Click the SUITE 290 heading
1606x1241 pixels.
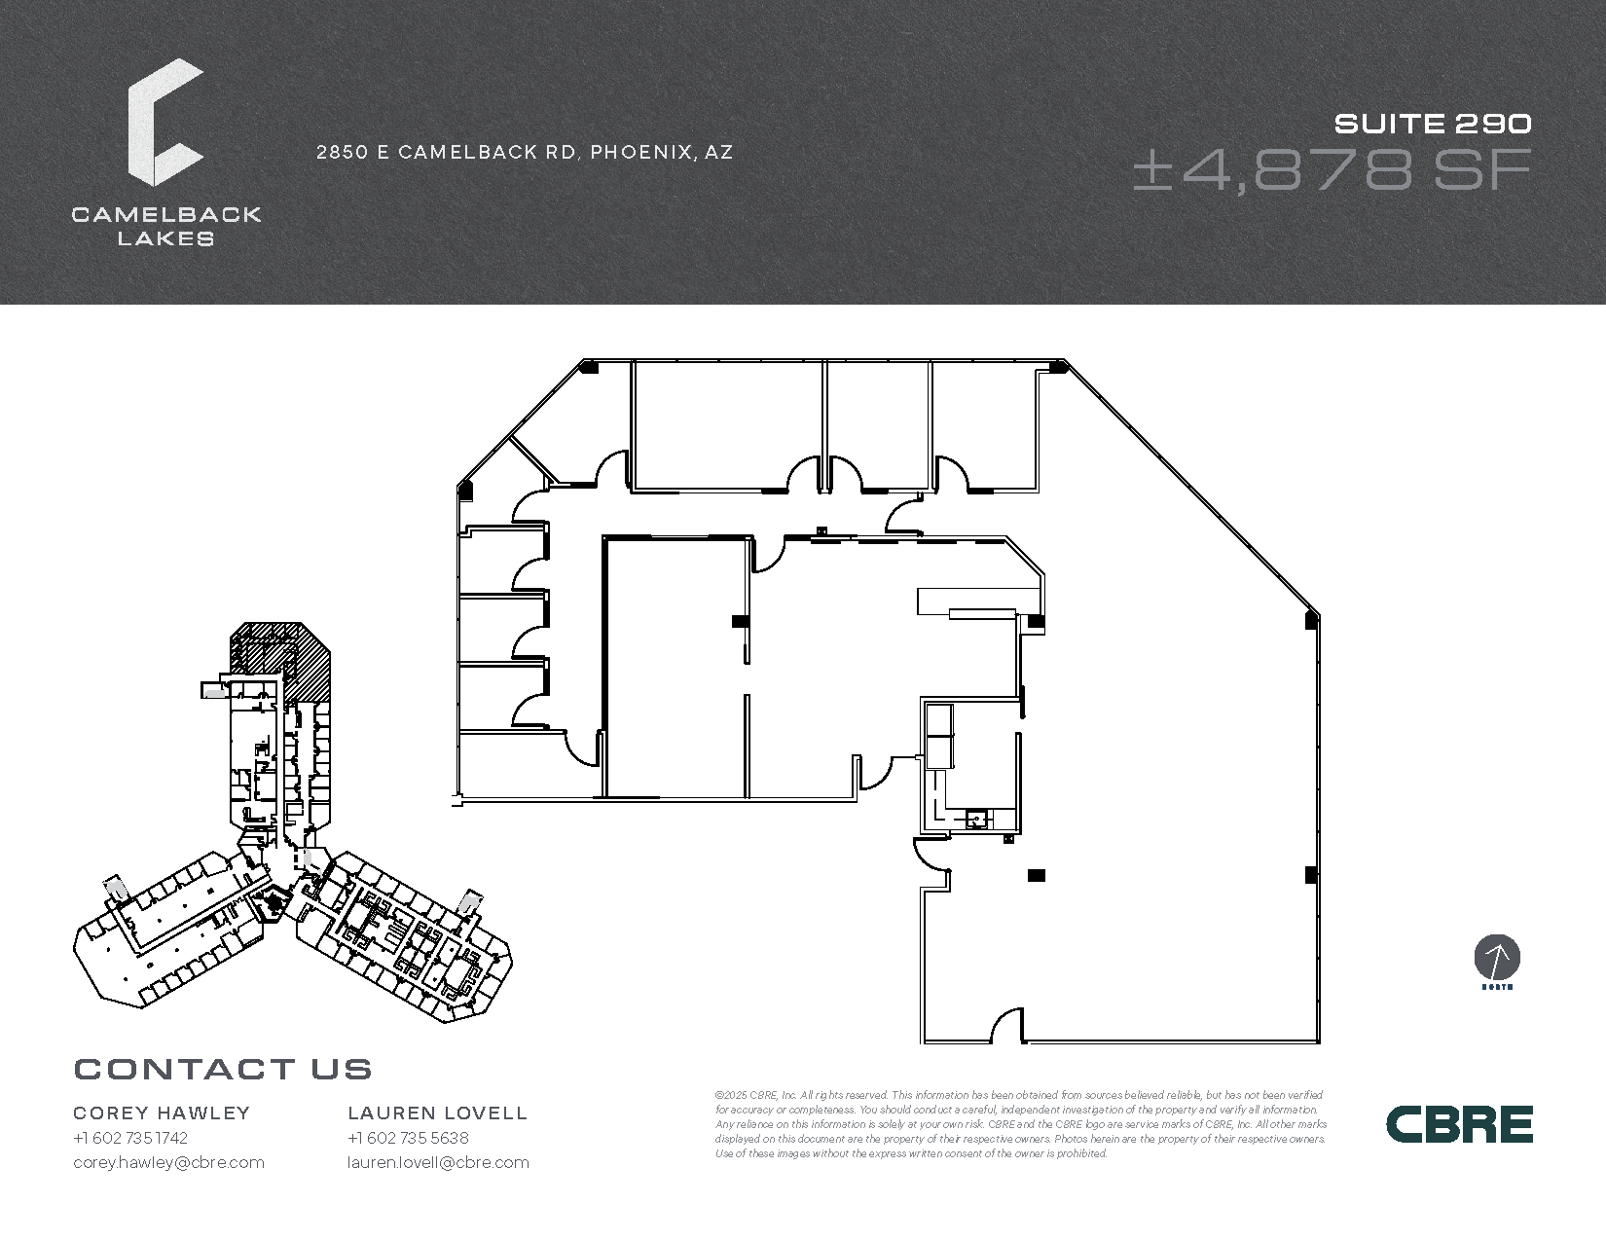pyautogui.click(x=1433, y=124)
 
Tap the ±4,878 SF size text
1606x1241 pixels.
pyautogui.click(x=1332, y=170)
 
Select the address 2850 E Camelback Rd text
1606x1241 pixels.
pyautogui.click(x=525, y=152)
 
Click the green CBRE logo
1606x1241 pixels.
pyautogui.click(x=1459, y=1124)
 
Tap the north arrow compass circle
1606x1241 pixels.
pyautogui.click(x=1497, y=959)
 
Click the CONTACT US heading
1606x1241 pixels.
pyautogui.click(x=223, y=1070)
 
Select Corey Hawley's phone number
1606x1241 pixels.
pyautogui.click(x=130, y=1138)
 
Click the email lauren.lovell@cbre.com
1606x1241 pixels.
pyautogui.click(x=438, y=1162)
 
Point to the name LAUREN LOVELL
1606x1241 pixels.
pyautogui.click(x=438, y=1113)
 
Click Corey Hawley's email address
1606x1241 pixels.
pyautogui.click(x=168, y=1162)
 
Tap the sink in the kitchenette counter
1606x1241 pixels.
pyautogui.click(x=976, y=820)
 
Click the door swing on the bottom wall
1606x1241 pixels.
pyautogui.click(x=1007, y=1027)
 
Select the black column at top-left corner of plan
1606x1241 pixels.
pyautogui.click(x=588, y=367)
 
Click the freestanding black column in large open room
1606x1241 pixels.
pyautogui.click(x=1037, y=875)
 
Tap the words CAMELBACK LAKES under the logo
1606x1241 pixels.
pyautogui.click(x=165, y=226)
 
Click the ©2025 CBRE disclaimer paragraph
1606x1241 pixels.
pyautogui.click(x=1020, y=1124)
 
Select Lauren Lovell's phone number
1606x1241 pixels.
pyautogui.click(x=408, y=1138)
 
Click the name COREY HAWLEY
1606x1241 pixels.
pyautogui.click(x=162, y=1113)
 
